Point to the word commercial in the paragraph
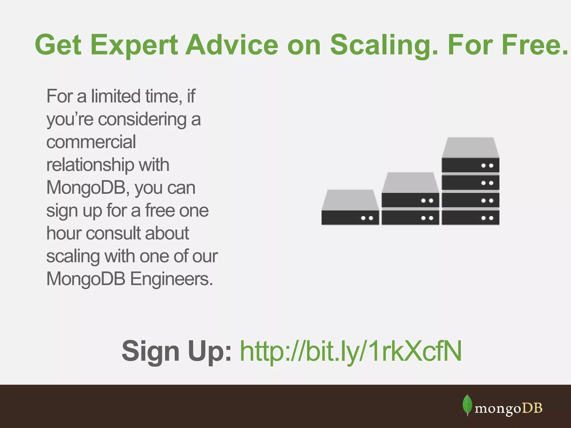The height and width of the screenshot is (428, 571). coord(91,142)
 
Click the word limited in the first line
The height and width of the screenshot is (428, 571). coord(116,96)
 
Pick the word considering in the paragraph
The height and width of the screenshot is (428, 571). coord(142,119)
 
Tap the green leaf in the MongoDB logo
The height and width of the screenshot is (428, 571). coord(467,405)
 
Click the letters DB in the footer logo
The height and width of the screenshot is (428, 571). coord(532,408)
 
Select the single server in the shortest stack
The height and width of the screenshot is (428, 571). coord(350,217)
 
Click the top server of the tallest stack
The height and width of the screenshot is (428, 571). coord(470,165)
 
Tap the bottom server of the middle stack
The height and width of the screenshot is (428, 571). coord(410,218)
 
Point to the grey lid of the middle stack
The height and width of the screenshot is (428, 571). coord(410,182)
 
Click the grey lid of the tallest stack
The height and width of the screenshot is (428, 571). coord(470,147)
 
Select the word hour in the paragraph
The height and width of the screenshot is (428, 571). coord(64,233)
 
